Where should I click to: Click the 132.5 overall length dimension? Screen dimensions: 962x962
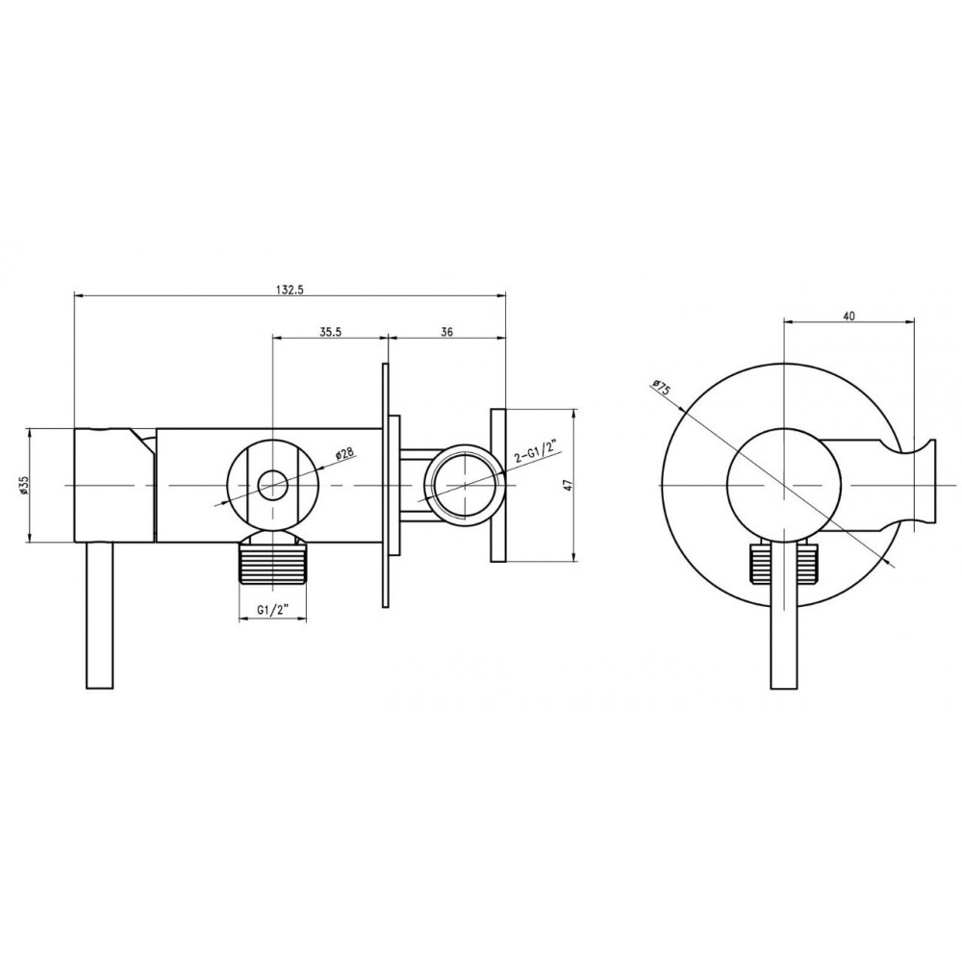pos(291,291)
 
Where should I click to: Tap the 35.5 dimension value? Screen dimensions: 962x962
pos(330,332)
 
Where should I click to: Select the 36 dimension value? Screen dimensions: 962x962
pos(447,332)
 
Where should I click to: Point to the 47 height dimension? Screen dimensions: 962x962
pos(569,485)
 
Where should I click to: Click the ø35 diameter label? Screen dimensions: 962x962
pos(23,485)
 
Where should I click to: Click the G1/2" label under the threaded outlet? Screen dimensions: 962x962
pos(272,610)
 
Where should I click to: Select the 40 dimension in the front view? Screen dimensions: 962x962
pos(849,316)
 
